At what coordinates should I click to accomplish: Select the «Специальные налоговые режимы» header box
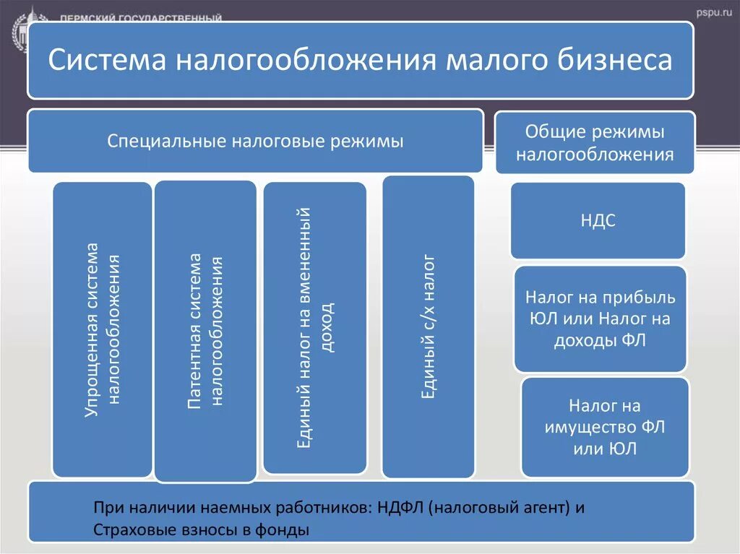point(255,141)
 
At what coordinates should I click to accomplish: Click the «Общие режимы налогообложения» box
point(595,142)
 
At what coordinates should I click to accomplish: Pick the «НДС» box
point(598,221)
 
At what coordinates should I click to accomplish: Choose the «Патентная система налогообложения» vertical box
point(205,332)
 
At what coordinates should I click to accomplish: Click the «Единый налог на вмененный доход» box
point(315,328)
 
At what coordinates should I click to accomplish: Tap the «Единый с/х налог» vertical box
point(428,326)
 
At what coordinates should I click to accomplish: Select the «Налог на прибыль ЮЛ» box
point(600,319)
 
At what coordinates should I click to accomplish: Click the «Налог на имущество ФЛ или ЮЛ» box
point(604,427)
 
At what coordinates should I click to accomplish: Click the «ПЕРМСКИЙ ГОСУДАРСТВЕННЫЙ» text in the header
point(141,17)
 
